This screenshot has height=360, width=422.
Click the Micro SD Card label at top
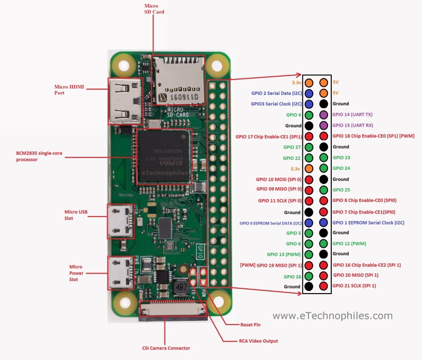(x=151, y=9)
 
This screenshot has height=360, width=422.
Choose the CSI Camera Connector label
(x=166, y=348)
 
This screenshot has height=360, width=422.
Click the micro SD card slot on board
(x=178, y=80)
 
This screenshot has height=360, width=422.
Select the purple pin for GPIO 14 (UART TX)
(x=324, y=114)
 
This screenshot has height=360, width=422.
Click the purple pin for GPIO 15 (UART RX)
(x=324, y=125)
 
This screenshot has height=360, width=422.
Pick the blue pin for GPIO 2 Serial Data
(x=309, y=93)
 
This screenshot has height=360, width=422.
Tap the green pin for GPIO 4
(x=309, y=114)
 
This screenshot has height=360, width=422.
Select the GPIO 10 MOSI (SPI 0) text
(x=279, y=179)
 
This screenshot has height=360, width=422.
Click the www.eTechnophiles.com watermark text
(x=332, y=316)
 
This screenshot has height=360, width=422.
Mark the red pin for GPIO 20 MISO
(x=324, y=275)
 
